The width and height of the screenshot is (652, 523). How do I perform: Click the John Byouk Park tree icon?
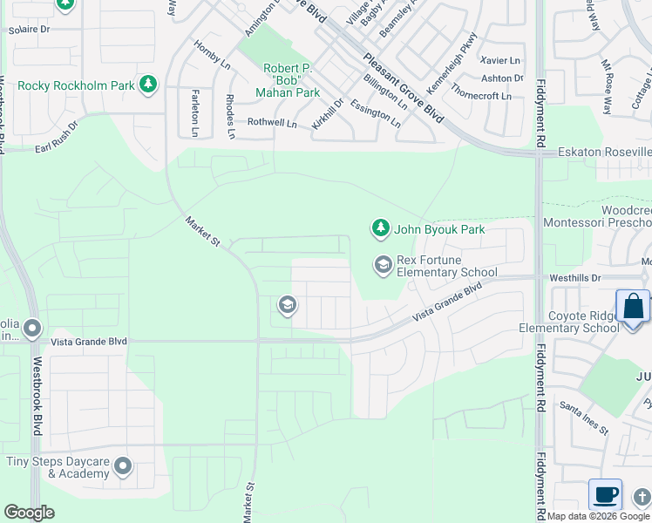(x=380, y=229)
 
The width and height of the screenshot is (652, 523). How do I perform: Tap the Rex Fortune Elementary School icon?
(x=383, y=264)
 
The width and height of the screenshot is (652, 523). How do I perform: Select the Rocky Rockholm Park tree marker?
(x=149, y=85)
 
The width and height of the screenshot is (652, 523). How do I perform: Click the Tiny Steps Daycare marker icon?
(x=123, y=466)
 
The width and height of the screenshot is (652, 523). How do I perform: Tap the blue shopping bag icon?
(x=633, y=308)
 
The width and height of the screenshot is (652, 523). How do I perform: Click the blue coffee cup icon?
(x=605, y=495)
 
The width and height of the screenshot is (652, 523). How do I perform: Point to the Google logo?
(x=29, y=513)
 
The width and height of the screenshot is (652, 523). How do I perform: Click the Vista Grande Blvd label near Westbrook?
(x=90, y=343)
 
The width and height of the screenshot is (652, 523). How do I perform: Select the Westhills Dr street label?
(x=576, y=278)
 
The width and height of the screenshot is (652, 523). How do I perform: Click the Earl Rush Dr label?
(x=56, y=138)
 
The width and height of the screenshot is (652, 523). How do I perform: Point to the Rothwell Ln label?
(x=272, y=123)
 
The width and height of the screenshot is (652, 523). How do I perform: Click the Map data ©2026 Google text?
(x=598, y=516)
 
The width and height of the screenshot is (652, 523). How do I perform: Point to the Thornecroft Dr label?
(x=482, y=96)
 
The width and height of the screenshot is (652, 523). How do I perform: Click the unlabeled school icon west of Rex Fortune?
(x=286, y=305)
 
